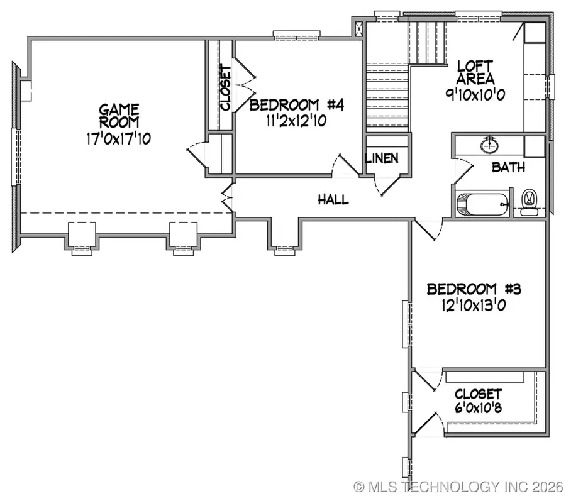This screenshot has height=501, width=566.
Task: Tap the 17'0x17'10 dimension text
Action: (119, 139)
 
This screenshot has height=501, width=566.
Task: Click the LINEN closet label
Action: (382, 158)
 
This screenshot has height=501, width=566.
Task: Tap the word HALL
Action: (333, 200)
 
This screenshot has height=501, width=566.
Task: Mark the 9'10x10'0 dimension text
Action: (475, 96)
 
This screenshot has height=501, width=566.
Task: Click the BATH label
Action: (508, 168)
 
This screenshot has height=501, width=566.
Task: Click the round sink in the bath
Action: (489, 146)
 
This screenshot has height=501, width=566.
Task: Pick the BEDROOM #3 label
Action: (474, 290)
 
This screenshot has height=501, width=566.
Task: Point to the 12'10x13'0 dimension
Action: (474, 306)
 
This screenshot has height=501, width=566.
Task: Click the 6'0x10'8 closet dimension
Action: (479, 408)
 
